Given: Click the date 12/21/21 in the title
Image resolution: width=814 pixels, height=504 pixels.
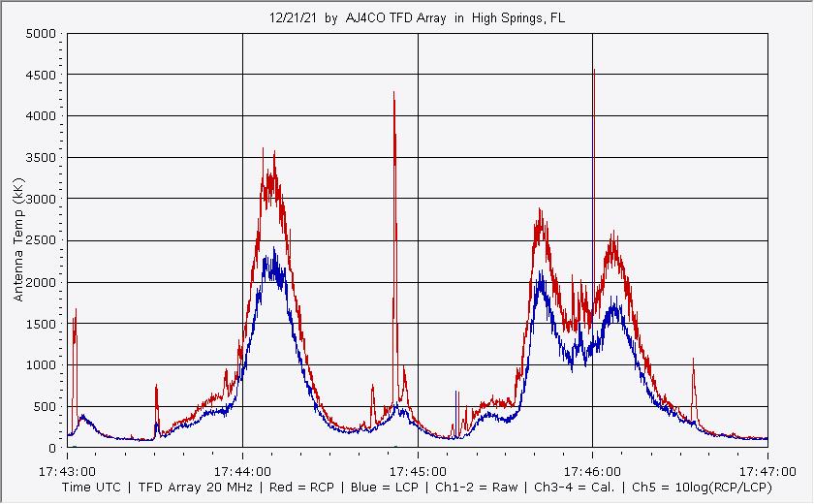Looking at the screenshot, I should coord(289,17).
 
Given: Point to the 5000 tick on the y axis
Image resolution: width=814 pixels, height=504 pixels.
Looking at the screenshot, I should coord(42,34).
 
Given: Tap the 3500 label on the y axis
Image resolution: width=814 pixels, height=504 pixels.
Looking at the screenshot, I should coord(42,158).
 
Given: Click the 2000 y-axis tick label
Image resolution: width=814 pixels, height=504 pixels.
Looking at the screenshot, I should coord(42,282).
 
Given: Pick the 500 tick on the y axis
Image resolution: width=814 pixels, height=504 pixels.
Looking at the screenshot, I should coord(46,407).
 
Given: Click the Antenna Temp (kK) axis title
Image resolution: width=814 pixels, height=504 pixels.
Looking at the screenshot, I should coord(18,240).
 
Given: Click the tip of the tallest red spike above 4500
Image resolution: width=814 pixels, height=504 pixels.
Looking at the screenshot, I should coord(593,70).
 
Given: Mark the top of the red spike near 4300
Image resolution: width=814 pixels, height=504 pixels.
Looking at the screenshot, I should coord(393,92).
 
